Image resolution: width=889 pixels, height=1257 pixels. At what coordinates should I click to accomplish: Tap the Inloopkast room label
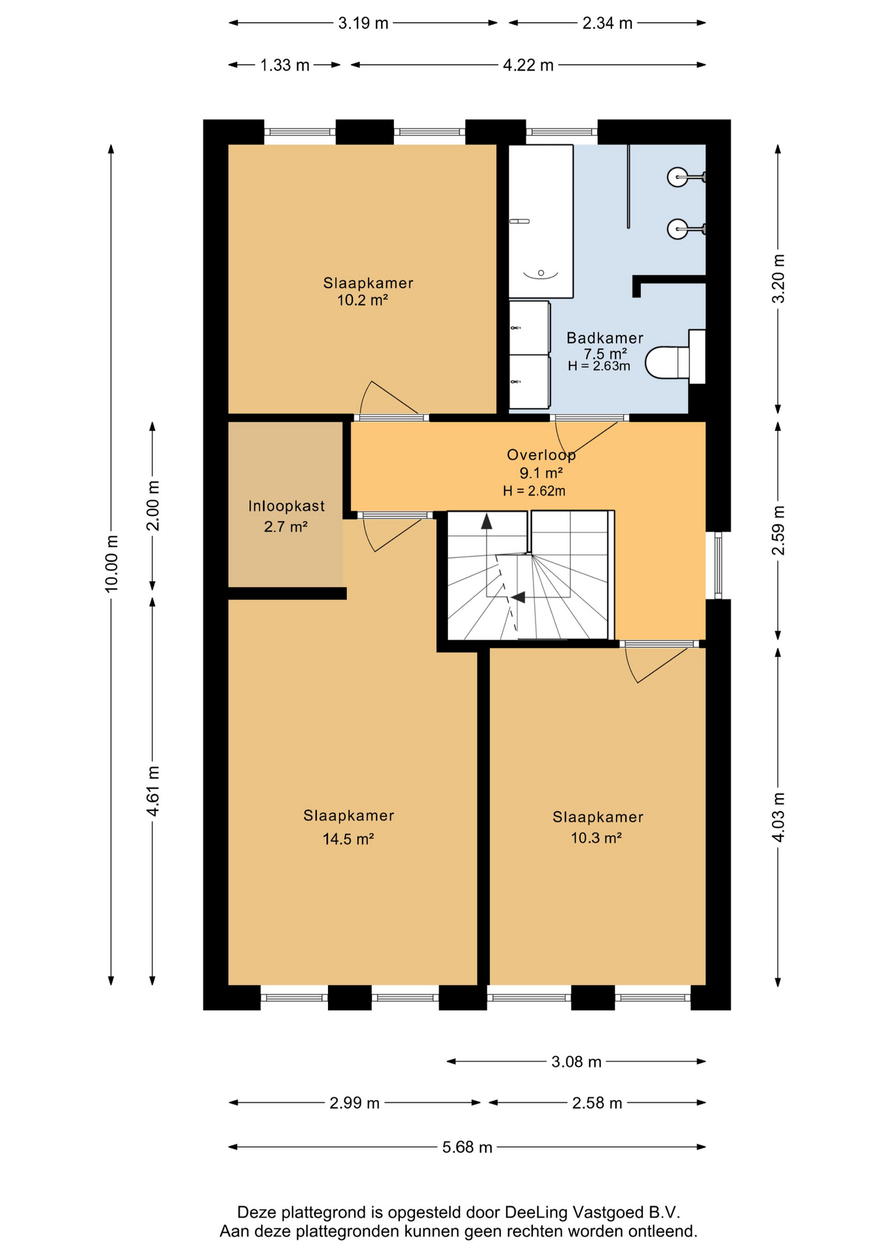(286, 506)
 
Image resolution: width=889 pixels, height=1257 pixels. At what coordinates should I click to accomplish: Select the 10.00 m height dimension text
(112, 564)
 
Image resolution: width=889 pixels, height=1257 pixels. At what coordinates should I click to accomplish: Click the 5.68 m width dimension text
(467, 1147)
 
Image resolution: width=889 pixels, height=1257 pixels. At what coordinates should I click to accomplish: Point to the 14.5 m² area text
(348, 839)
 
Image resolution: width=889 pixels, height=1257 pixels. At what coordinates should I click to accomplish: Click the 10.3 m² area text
(596, 837)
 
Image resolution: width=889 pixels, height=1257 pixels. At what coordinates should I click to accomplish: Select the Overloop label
(541, 454)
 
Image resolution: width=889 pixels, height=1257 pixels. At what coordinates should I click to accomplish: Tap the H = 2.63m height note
(598, 366)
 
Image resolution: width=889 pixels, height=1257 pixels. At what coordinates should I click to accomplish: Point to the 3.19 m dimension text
(363, 24)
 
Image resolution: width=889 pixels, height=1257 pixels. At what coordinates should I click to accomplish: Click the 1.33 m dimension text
(285, 65)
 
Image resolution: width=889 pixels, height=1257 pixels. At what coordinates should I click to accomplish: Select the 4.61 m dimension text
(153, 791)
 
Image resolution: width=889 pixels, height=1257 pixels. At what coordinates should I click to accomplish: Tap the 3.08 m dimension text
(576, 1061)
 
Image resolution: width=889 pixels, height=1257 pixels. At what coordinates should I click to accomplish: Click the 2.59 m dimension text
(778, 530)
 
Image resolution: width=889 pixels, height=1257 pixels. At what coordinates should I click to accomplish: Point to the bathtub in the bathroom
(541, 221)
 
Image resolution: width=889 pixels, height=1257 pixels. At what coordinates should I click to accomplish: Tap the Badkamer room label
(605, 338)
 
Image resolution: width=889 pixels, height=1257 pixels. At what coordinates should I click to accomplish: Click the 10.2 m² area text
(362, 301)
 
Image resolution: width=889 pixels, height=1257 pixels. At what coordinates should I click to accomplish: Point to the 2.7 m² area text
(285, 526)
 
